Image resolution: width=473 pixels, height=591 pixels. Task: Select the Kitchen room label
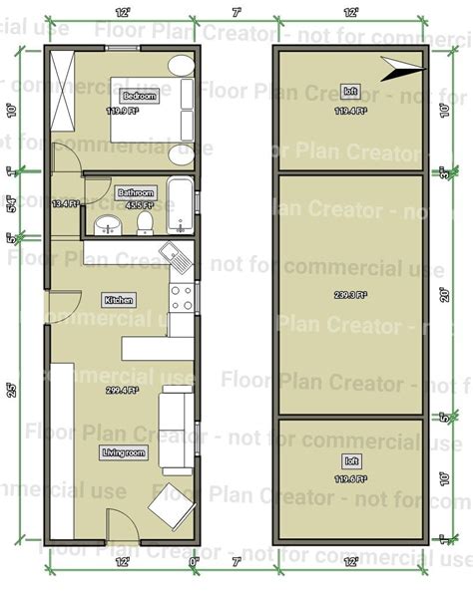(119, 299)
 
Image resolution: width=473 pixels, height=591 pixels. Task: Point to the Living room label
(124, 452)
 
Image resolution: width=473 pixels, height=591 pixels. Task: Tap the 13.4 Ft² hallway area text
(65, 204)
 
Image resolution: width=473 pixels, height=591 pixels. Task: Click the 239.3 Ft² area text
(350, 295)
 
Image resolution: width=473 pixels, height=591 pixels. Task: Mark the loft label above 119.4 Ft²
(350, 91)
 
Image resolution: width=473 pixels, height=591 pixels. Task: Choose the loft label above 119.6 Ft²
(350, 461)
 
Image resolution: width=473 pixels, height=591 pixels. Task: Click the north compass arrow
(402, 68)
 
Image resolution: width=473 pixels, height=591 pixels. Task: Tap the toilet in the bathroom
(145, 221)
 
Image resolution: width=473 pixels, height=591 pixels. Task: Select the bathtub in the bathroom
(181, 205)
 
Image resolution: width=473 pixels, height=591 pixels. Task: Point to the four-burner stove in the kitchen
(182, 296)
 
